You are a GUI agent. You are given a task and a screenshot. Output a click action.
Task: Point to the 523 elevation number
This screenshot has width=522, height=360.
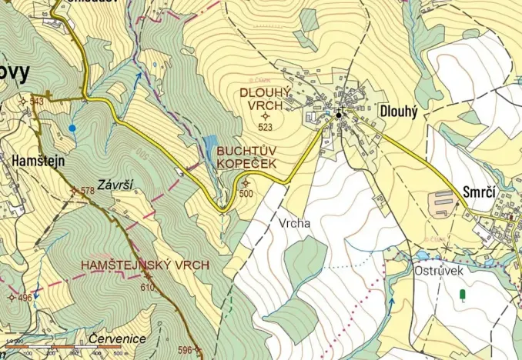tap(266, 127)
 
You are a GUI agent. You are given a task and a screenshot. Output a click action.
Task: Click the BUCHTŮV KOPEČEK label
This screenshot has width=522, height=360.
tap(248, 158)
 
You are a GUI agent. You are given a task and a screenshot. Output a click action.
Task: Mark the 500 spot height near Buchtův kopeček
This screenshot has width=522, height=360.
tap(246, 194)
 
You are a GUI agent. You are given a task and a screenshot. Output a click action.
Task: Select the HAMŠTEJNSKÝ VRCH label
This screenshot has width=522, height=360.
tap(146, 265)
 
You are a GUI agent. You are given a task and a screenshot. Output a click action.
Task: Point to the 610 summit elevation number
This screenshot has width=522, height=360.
tap(148, 287)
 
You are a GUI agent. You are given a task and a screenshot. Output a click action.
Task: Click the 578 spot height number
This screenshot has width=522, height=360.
tap(87, 190)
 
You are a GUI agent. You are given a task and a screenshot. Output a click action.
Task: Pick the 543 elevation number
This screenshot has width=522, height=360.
tap(36, 102)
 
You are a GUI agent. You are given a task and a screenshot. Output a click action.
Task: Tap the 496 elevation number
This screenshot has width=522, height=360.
tap(25, 298)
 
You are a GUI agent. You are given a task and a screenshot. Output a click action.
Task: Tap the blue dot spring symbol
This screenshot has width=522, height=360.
tap(72, 128)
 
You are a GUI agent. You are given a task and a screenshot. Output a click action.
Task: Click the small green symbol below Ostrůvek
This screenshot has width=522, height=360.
tap(462, 295)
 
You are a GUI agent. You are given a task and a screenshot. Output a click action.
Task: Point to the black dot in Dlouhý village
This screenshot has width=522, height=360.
tap(338, 115)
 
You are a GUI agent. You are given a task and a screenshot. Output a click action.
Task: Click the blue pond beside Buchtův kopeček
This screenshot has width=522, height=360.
tap(209, 148)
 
